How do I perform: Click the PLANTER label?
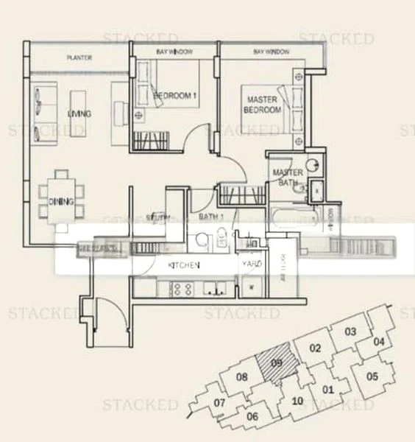pos(79,57)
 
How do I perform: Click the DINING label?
pos(60,202)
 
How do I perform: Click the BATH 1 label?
pos(212,217)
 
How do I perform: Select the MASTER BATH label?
pos(288,178)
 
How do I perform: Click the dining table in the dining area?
pos(60,195)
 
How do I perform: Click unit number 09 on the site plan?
pos(277,362)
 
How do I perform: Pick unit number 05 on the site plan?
pos(372,376)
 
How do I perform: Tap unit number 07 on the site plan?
pos(219,403)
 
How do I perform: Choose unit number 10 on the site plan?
pos(297,401)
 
